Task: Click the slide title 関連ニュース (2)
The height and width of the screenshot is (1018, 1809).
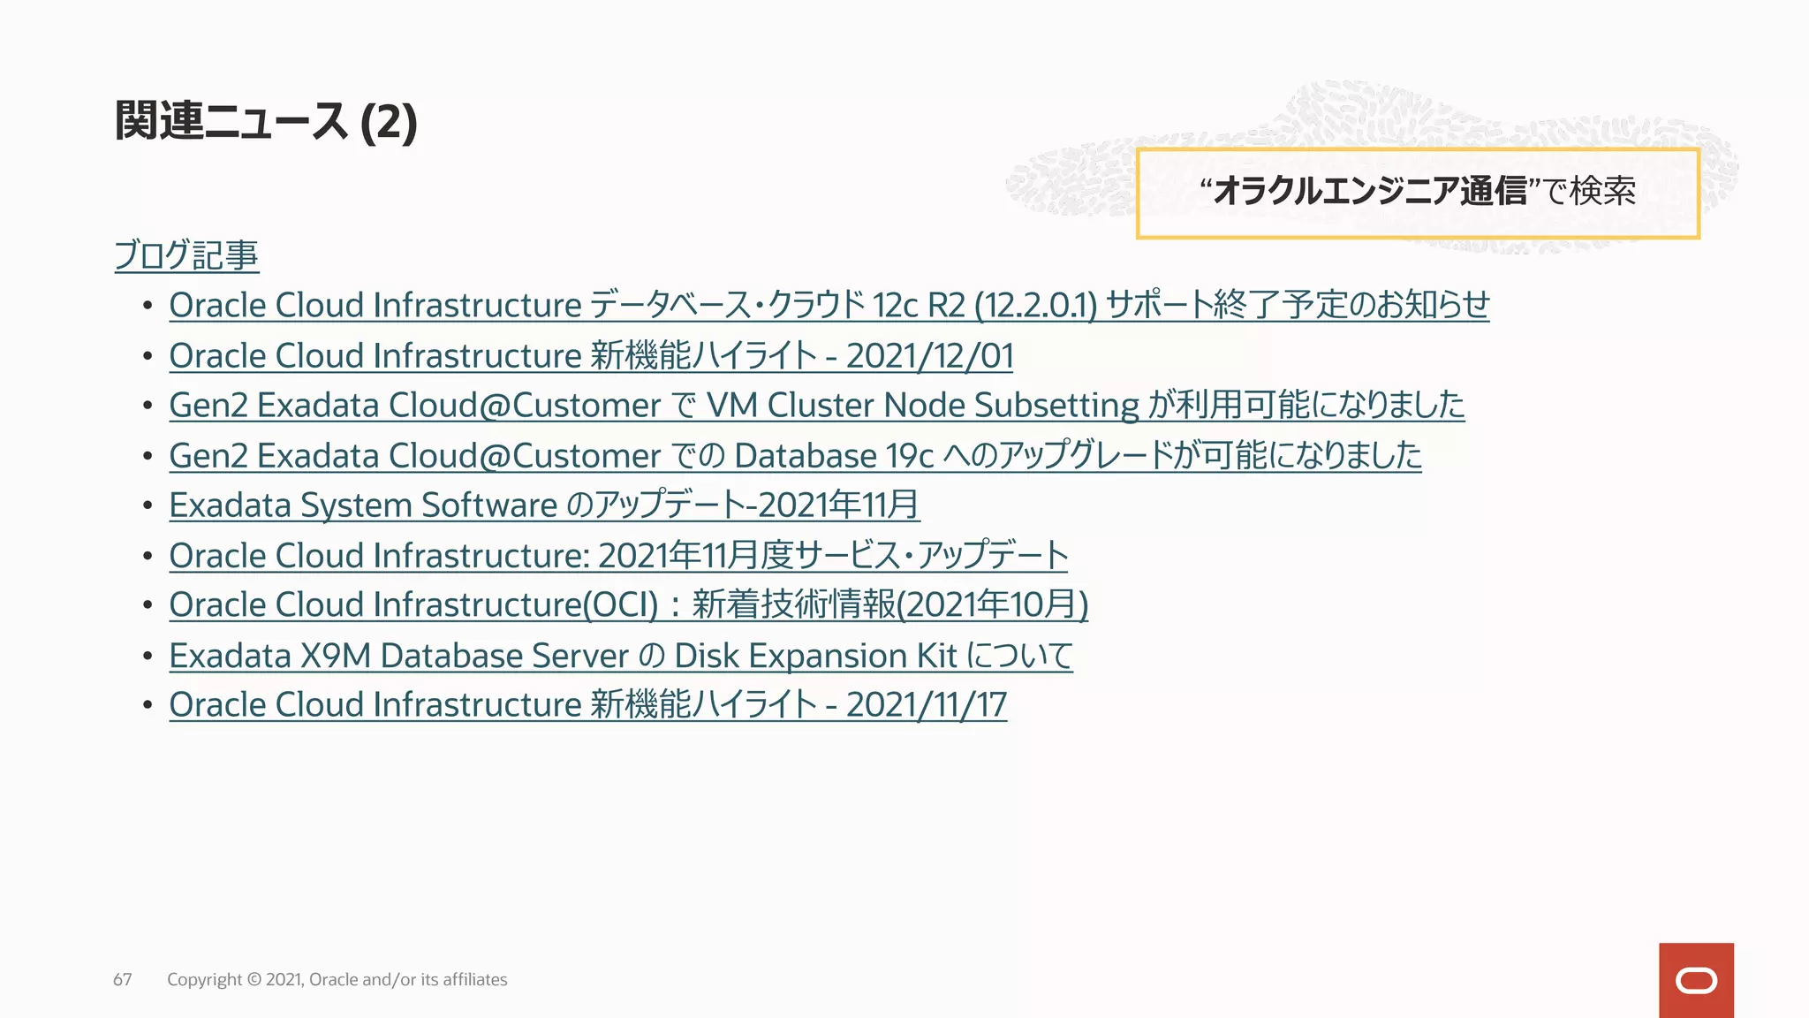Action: pyautogui.click(x=265, y=121)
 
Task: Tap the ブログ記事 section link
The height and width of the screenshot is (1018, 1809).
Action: pyautogui.click(x=186, y=255)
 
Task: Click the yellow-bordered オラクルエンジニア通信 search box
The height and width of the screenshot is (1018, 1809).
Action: pyautogui.click(x=1417, y=194)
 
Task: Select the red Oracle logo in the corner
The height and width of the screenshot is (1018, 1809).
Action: pyautogui.click(x=1696, y=980)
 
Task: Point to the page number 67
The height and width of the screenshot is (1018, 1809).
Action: pyautogui.click(x=123, y=979)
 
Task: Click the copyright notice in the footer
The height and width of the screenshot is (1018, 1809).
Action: pyautogui.click(x=337, y=979)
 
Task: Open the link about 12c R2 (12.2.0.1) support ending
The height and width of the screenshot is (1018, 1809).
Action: pyautogui.click(x=829, y=306)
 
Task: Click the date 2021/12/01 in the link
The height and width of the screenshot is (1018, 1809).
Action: pyautogui.click(x=929, y=356)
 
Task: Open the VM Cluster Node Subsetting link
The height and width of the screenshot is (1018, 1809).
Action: pyautogui.click(x=816, y=406)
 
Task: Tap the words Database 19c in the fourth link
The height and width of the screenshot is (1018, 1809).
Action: pyautogui.click(x=834, y=456)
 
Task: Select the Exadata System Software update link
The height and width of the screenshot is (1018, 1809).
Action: pyautogui.click(x=544, y=505)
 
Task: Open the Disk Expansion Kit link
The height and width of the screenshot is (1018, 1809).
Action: pyautogui.click(x=620, y=656)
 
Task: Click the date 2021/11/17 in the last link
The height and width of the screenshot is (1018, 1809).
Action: pyautogui.click(x=926, y=705)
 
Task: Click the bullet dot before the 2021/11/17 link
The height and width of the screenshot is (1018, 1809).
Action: pyautogui.click(x=148, y=705)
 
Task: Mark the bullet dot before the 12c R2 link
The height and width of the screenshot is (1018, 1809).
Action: pyautogui.click(x=148, y=306)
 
